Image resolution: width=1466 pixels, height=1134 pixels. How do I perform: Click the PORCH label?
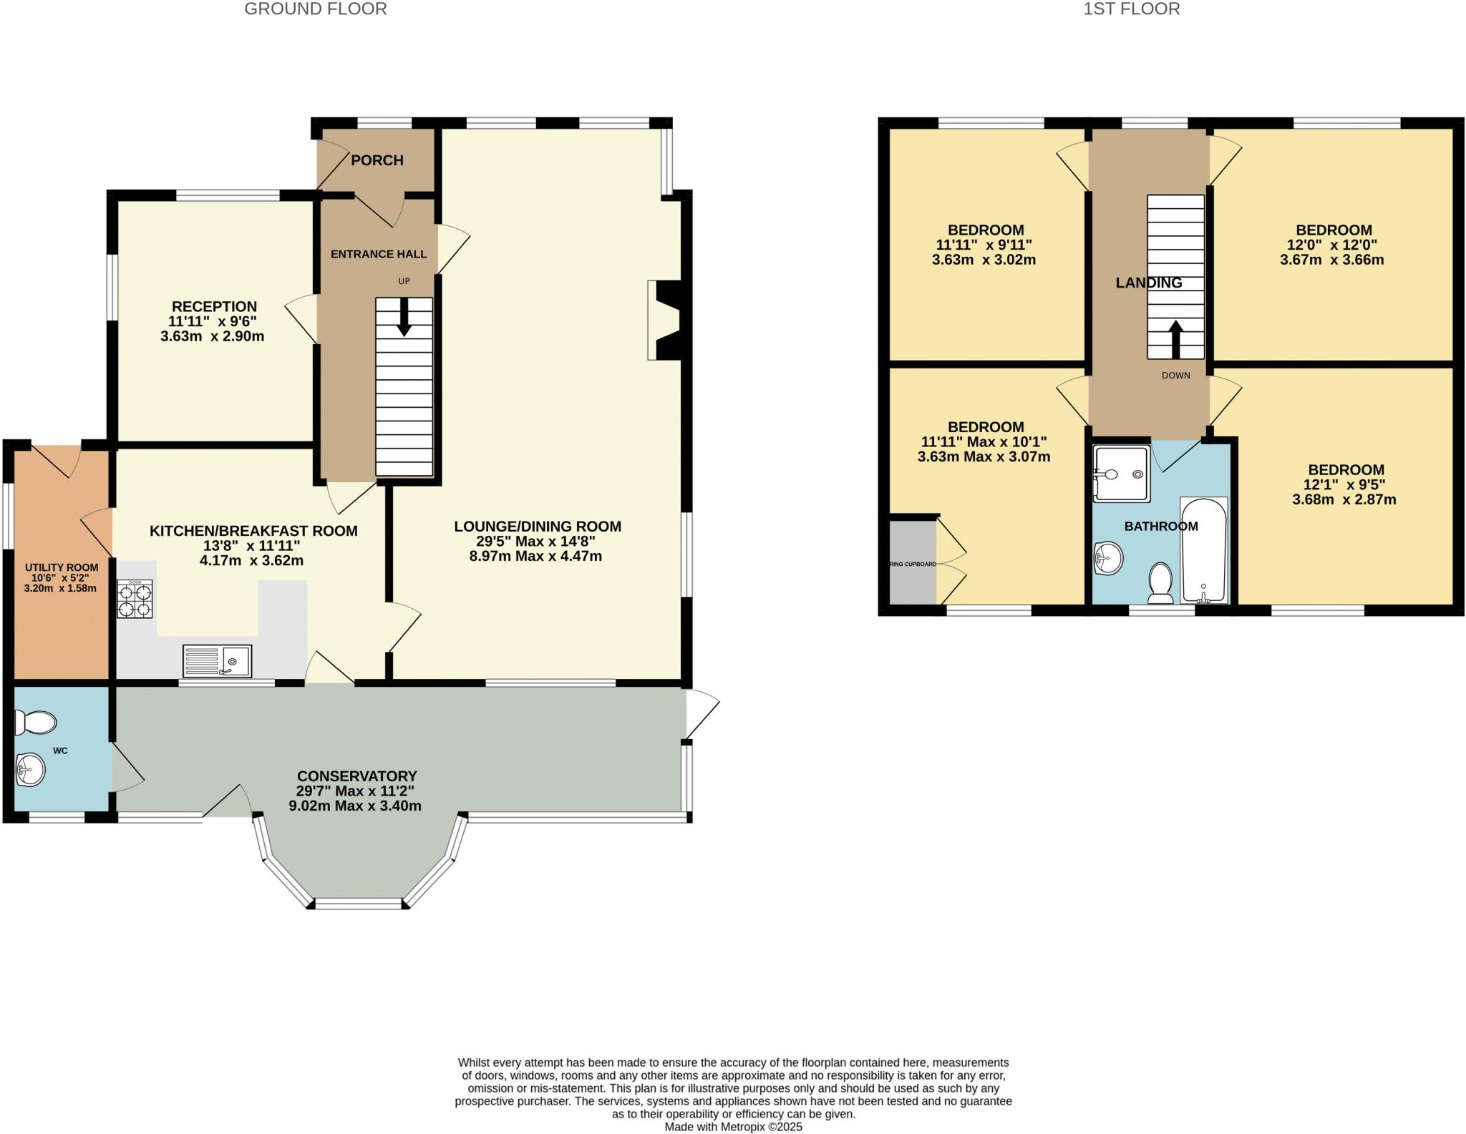point(377,160)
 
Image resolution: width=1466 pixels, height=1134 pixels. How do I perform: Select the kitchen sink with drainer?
point(217,660)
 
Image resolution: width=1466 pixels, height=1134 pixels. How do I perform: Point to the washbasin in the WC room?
point(31,771)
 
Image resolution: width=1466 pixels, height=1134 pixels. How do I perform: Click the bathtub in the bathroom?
point(1203,549)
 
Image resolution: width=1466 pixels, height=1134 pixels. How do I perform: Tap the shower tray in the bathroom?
point(1121,473)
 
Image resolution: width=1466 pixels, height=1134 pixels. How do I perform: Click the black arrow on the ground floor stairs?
point(404,316)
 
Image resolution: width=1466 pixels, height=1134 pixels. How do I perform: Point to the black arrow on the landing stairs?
point(1175,339)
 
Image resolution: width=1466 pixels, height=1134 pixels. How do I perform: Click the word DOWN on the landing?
point(1175,376)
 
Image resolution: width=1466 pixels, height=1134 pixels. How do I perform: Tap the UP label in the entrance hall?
point(404,281)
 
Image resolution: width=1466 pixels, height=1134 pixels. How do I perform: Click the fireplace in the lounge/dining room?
point(664,320)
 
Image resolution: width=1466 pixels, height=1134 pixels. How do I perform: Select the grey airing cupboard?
point(913,563)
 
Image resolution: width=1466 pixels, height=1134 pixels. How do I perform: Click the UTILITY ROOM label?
point(61,567)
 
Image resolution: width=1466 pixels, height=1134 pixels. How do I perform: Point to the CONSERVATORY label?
point(356,776)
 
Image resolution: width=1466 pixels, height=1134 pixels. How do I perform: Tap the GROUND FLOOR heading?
point(316,9)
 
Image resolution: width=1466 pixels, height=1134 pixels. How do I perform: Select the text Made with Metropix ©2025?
point(733,1127)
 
